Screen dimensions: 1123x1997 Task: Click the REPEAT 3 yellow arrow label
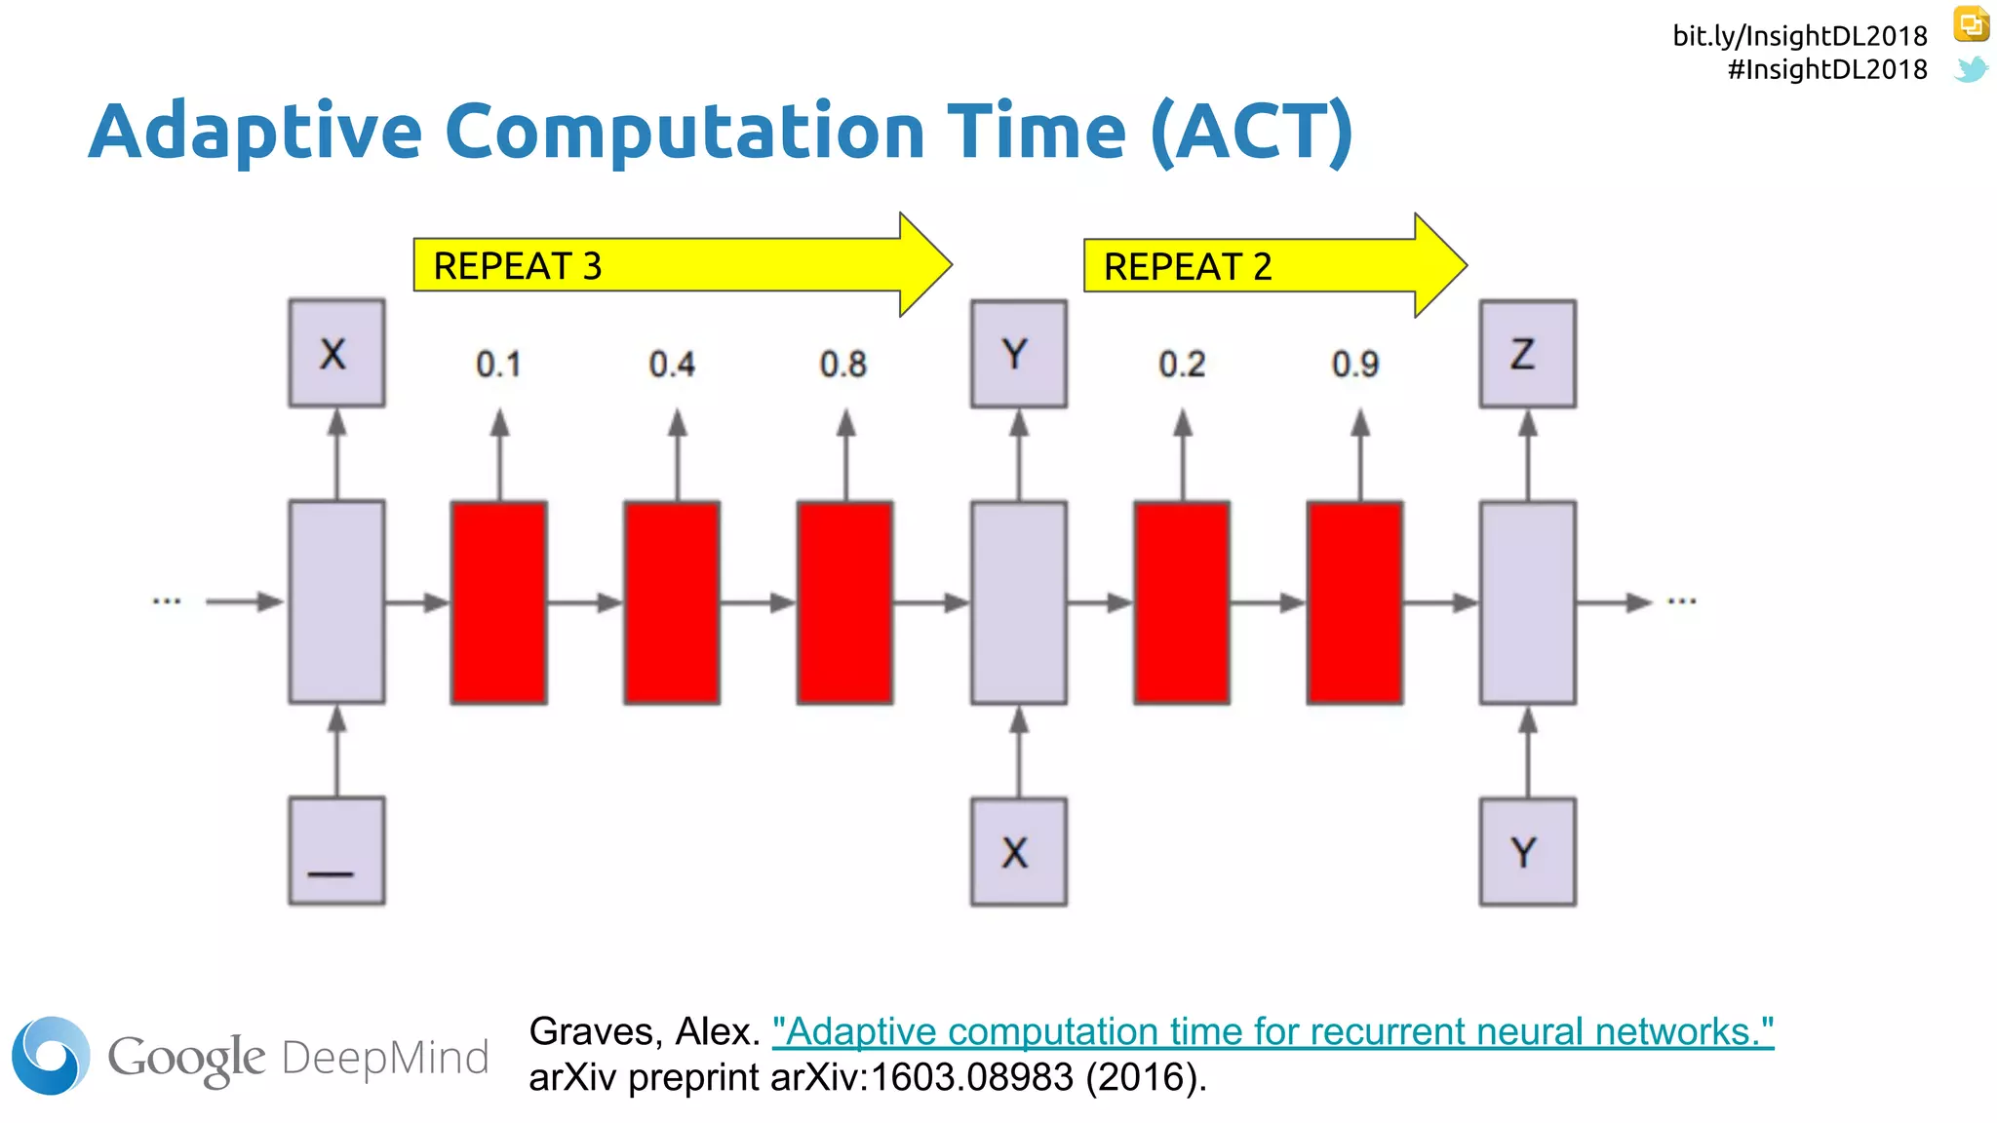click(517, 266)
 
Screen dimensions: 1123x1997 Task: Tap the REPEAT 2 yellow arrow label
click(1187, 266)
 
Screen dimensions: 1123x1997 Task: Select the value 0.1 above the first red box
click(498, 365)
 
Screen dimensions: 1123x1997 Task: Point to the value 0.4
click(672, 365)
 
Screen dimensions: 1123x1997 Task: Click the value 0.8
click(842, 365)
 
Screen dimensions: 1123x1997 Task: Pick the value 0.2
click(1182, 365)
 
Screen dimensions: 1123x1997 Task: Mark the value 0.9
click(1355, 365)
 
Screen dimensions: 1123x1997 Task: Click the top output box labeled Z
click(1527, 354)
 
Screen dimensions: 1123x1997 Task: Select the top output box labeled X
click(336, 353)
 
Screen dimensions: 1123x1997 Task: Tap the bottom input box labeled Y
click(1527, 852)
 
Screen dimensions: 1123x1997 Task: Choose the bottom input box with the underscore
click(336, 851)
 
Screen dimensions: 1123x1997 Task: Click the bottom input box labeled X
click(1018, 852)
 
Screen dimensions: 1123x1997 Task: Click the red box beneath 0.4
click(672, 602)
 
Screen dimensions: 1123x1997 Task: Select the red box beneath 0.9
click(1354, 602)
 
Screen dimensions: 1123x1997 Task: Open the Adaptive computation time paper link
click(1273, 1031)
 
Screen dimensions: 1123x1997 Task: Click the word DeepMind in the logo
click(385, 1058)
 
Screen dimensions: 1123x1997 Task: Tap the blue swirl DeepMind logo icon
click(51, 1056)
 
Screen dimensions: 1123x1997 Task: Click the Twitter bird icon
click(1971, 69)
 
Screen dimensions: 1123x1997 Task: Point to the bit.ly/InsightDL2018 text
click(1799, 36)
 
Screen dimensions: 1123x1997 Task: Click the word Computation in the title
click(685, 132)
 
